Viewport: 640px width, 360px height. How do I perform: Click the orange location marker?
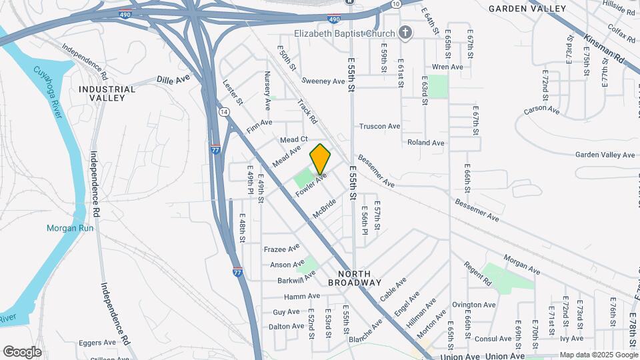[x=321, y=159]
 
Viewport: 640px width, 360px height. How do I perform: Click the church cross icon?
[x=405, y=33]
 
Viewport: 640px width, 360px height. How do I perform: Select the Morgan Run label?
[x=70, y=228]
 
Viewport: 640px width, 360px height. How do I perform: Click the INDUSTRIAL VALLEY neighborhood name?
[x=107, y=93]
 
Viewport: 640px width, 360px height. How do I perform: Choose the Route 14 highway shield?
[x=223, y=111]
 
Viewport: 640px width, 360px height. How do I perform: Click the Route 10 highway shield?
[x=396, y=4]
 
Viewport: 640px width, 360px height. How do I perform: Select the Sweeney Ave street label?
[x=323, y=81]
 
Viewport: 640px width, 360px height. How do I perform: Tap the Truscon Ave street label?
[x=379, y=126]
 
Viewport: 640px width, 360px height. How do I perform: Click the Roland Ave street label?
[x=426, y=143]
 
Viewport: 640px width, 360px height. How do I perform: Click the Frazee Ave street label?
[x=282, y=249]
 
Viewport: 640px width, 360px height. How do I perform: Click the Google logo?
[x=22, y=352]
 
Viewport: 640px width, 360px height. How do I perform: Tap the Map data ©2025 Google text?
[x=599, y=355]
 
